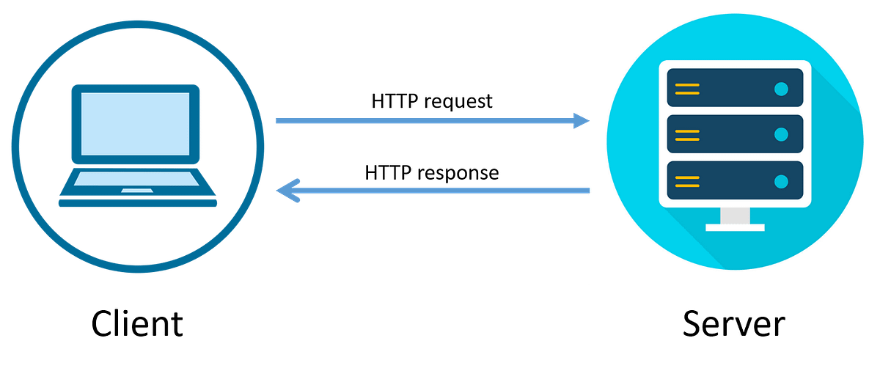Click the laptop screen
[x=135, y=123]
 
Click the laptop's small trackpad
[x=137, y=191]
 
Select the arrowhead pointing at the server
[x=582, y=121]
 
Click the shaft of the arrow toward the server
[x=425, y=121]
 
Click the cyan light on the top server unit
[x=781, y=89]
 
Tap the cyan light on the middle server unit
[x=781, y=134]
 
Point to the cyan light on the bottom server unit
[x=781, y=180]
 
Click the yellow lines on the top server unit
[x=687, y=89]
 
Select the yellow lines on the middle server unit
[x=687, y=134]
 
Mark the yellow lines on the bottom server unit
[x=687, y=180]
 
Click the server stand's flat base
[x=735, y=228]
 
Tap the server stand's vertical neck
[x=735, y=216]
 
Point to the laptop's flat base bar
[x=137, y=205]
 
